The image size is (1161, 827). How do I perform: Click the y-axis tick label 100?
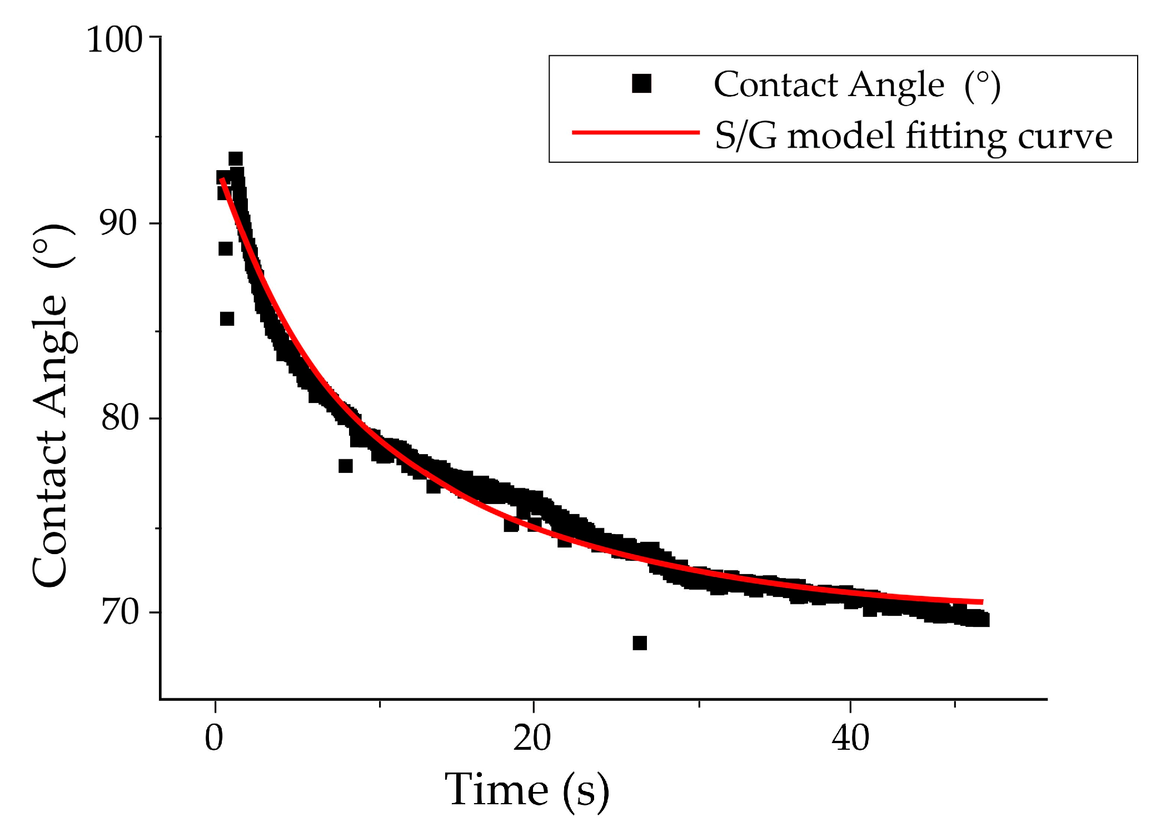[x=114, y=40]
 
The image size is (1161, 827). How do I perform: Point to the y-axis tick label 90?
[x=118, y=223]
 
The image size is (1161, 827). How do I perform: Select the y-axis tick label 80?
[x=119, y=417]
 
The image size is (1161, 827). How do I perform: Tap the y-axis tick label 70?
[x=119, y=612]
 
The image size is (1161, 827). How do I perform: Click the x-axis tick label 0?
[x=214, y=739]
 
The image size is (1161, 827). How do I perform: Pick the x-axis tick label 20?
[x=532, y=739]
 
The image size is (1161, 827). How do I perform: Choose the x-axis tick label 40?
[x=850, y=739]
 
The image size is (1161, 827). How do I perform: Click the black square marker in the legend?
[x=641, y=84]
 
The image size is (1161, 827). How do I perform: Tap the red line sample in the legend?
[x=635, y=132]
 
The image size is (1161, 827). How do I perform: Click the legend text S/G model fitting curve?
[x=913, y=136]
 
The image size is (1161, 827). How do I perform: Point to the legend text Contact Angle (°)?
[x=856, y=85]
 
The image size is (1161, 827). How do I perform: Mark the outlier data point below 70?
[x=640, y=643]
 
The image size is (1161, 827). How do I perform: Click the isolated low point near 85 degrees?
[x=227, y=318]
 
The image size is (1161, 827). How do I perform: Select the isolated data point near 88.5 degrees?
[x=225, y=248]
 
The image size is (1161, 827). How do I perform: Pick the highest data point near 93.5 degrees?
[x=236, y=159]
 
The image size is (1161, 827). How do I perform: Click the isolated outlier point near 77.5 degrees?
[x=345, y=466]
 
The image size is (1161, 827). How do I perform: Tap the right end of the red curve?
[x=981, y=602]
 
